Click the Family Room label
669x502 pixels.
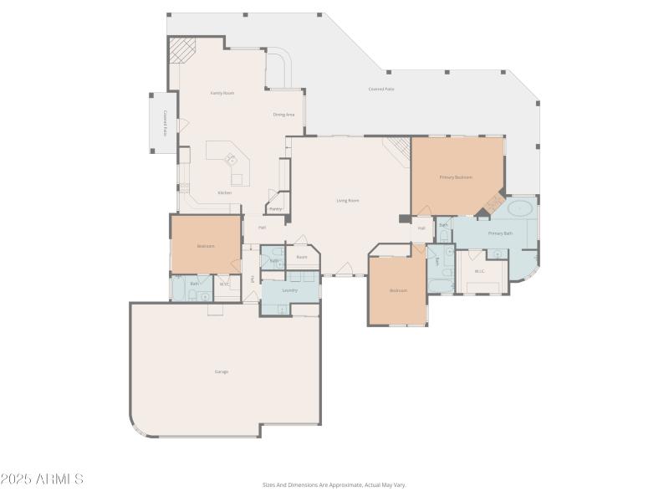coord(222,93)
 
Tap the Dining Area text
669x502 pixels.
coord(283,114)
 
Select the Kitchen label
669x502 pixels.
coord(225,192)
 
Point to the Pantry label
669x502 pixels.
coord(275,208)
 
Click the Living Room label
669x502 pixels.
coord(348,201)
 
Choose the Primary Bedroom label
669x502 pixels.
coord(456,177)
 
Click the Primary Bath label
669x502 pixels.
coord(500,233)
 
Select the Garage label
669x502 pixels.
coord(222,371)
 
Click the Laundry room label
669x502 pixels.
coord(290,290)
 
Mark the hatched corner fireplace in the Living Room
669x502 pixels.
coord(398,149)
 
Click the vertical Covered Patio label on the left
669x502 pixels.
coord(166,123)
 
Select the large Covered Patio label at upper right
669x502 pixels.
coord(381,89)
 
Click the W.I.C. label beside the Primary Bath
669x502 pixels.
coord(479,271)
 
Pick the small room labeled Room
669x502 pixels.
coord(301,257)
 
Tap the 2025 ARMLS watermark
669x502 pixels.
coord(42,479)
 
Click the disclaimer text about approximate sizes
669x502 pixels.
coord(334,484)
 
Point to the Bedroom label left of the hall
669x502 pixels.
coord(206,246)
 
